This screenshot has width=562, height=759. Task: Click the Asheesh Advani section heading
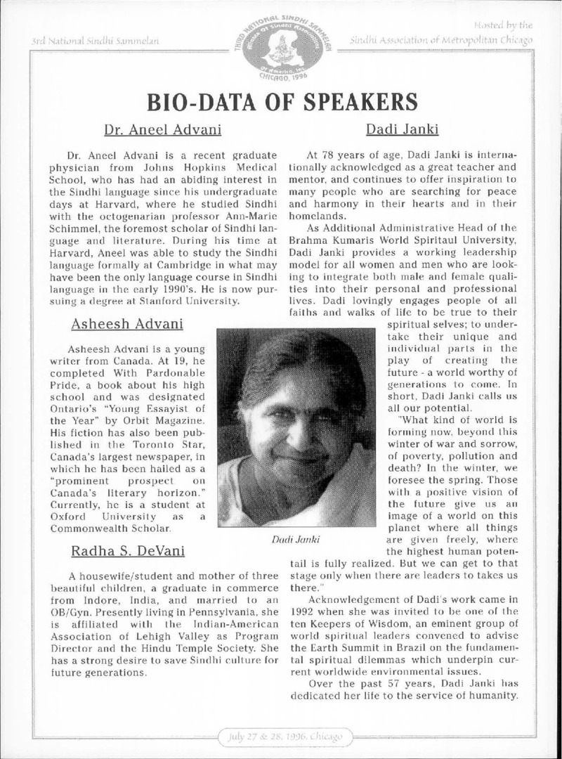tap(127, 324)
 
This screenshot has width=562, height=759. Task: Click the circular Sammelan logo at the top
tap(282, 44)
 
